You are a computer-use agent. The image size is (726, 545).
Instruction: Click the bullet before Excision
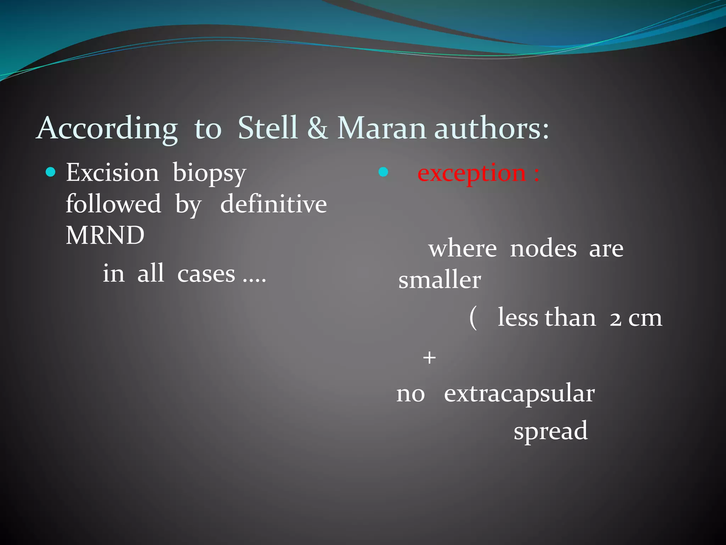pos(51,172)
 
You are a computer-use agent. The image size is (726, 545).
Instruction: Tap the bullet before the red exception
pos(383,172)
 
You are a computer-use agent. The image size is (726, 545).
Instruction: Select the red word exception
pos(471,174)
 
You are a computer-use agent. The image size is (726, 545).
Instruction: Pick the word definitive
pos(273,204)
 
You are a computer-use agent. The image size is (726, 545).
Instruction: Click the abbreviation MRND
pos(105,235)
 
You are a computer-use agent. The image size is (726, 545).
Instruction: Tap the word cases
pos(206,274)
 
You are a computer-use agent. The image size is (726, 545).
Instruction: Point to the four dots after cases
pos(254,280)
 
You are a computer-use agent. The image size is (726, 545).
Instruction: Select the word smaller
pos(440,280)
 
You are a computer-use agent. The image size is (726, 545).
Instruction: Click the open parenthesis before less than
pos(473,318)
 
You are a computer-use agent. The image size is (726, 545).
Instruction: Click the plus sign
pos(429,358)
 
